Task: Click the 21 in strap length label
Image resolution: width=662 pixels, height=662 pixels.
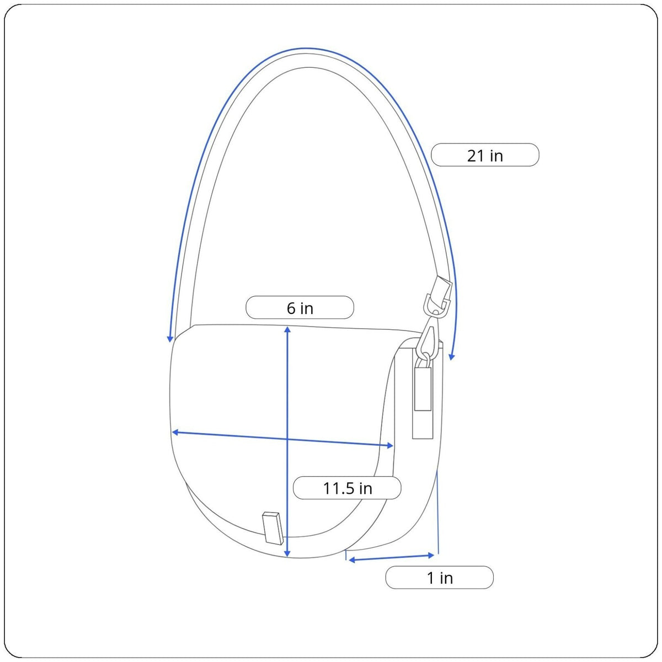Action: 485,155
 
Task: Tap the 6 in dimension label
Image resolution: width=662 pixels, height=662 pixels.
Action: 300,307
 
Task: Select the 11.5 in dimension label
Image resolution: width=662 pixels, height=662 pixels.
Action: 347,488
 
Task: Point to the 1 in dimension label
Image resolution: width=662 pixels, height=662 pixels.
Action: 439,578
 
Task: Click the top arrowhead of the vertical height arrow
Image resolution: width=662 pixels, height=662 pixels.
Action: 288,329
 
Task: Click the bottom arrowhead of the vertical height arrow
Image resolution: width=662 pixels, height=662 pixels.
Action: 288,553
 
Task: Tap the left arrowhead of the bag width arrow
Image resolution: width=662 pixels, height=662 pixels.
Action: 175,432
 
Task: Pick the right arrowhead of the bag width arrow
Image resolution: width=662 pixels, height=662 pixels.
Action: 390,446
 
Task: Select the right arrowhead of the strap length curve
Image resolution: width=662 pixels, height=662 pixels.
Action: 451,356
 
